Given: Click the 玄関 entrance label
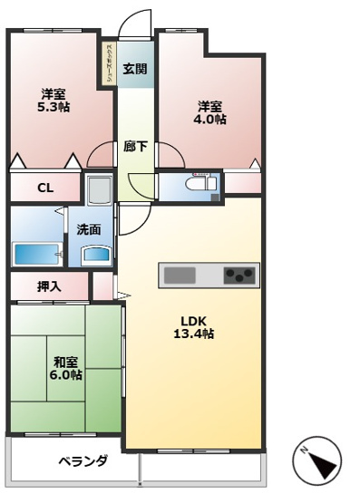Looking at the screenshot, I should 135,68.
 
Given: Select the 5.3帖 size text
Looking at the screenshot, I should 54,107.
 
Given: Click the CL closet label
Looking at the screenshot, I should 44,188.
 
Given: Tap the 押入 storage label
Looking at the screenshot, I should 49,286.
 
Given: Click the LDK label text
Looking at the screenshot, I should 194,319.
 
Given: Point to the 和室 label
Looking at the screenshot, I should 65,360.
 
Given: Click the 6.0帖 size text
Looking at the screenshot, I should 65,374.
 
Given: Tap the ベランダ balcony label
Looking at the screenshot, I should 83,460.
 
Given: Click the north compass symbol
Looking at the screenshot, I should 316,461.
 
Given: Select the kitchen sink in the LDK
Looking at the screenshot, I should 179,274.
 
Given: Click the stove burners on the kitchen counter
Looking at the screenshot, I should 241,274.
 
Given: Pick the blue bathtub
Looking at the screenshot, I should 35,251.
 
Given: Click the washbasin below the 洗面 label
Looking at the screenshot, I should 95,254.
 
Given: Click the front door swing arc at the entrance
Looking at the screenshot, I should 135,23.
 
